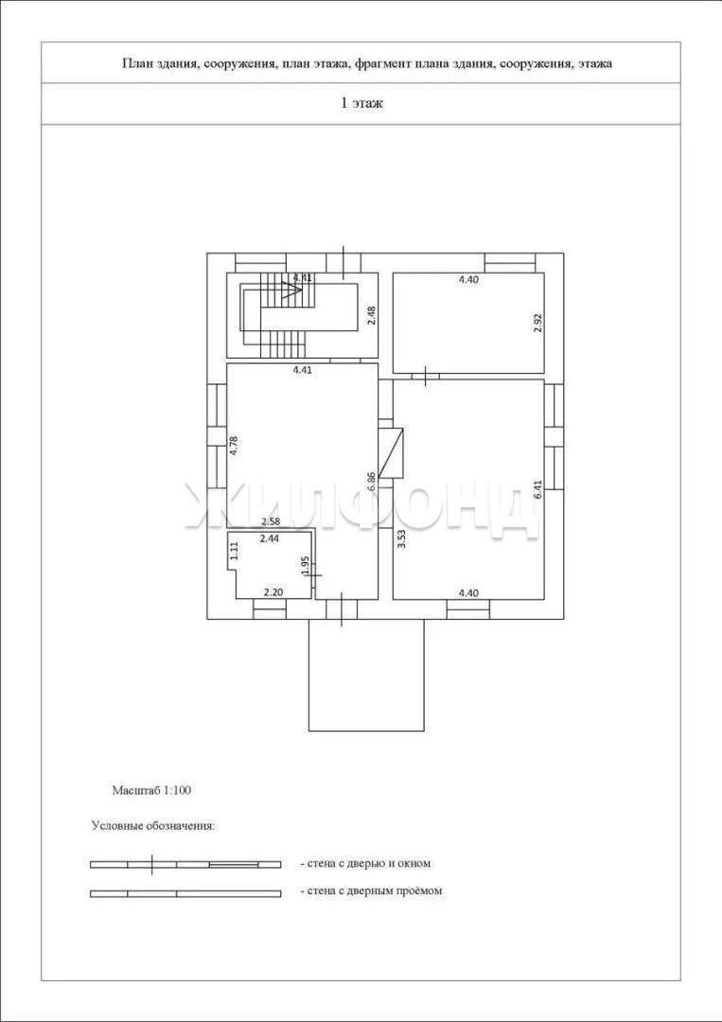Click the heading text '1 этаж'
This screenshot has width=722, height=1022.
click(x=361, y=104)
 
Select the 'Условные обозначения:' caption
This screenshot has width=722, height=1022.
click(x=153, y=825)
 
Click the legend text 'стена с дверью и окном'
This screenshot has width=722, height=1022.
click(x=365, y=863)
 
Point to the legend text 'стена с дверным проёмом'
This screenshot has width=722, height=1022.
click(x=371, y=890)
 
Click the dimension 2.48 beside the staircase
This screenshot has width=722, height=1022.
click(x=372, y=315)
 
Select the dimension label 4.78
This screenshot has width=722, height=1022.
click(x=233, y=445)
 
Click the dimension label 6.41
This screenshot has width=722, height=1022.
click(x=537, y=488)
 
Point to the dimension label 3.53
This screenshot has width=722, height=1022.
click(x=401, y=540)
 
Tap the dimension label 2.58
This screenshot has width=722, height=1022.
click(x=270, y=522)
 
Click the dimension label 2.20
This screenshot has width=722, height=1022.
click(x=273, y=592)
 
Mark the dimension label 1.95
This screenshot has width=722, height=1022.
click(x=305, y=566)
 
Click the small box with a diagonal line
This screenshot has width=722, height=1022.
click(x=390, y=451)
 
